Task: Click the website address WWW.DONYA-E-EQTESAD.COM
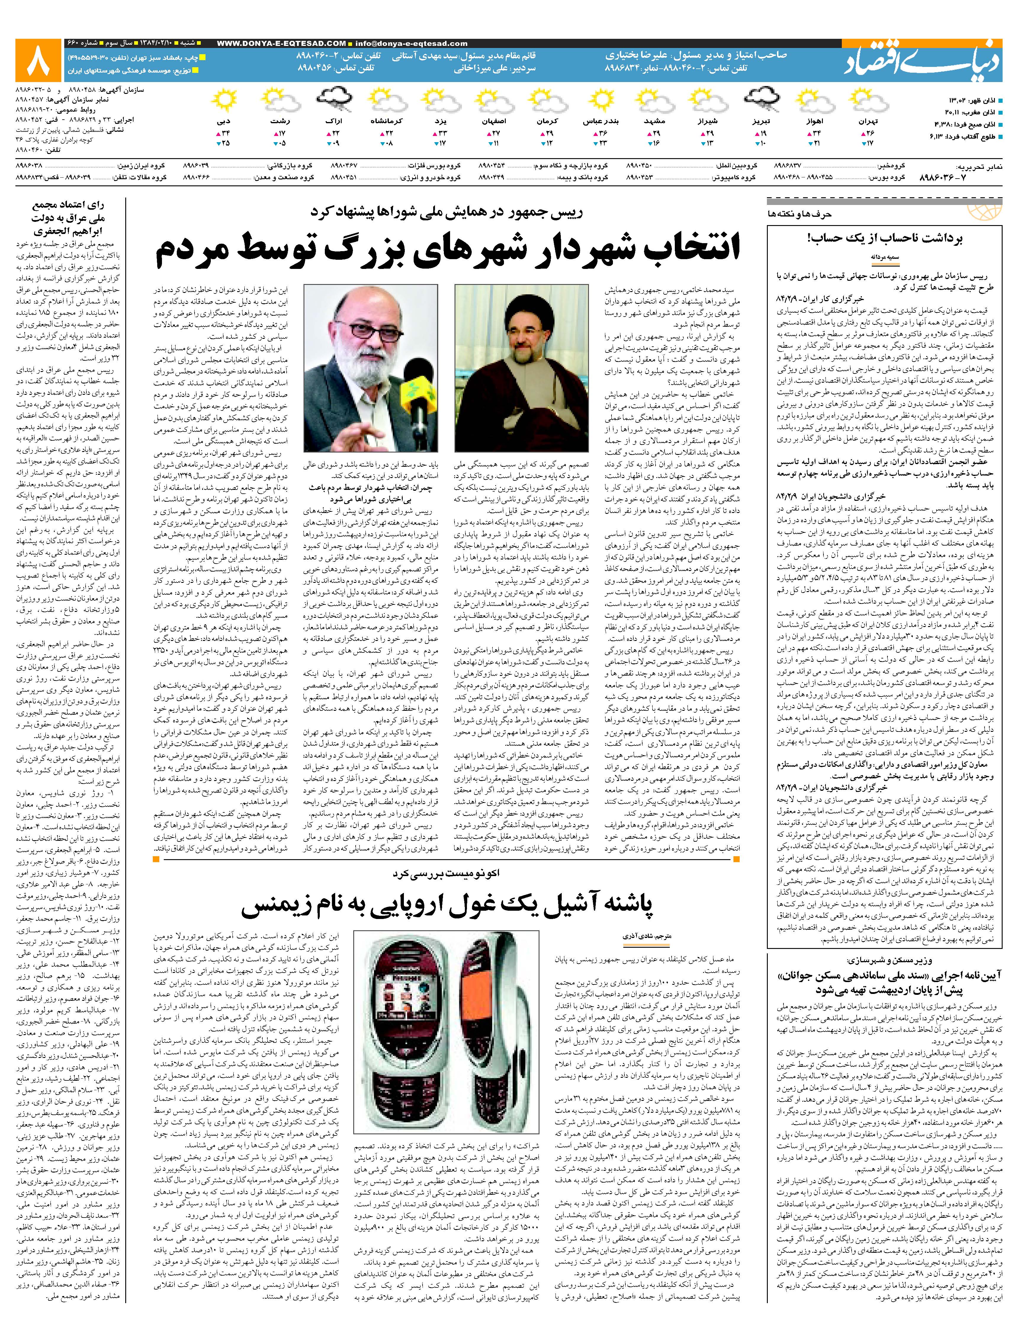281,43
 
